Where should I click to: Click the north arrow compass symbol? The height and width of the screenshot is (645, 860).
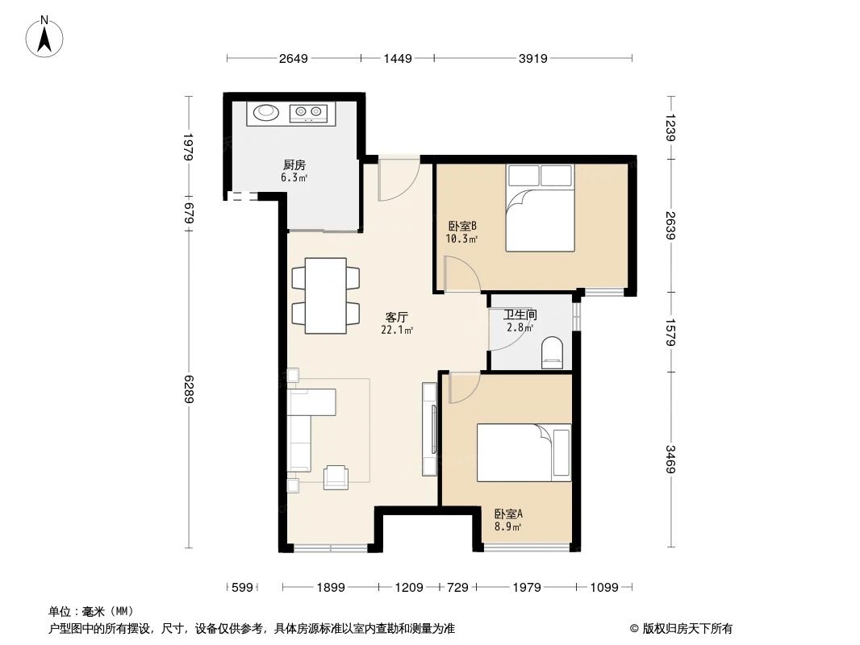coord(47,37)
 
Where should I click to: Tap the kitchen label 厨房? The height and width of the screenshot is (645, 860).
coord(292,164)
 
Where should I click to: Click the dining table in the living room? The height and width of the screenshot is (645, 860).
coord(325,295)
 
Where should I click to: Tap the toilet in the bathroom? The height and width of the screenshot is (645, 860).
coord(553,353)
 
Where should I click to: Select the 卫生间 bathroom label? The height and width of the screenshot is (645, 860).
coord(520,315)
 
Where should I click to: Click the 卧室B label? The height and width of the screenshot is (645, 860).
coord(461,227)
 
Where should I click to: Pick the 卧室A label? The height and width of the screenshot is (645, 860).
coord(508,514)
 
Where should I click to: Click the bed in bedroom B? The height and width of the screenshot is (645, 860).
coord(540,209)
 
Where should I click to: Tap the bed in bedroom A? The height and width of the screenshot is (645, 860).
coord(524,452)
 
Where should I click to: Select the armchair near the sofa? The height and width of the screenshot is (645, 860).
coord(336,477)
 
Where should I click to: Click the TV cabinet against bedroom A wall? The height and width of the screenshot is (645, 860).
coord(429,428)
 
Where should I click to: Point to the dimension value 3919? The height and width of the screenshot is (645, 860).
coord(533,58)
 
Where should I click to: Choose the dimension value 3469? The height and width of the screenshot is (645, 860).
coord(670,460)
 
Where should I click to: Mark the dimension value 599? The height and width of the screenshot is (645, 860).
coord(242,588)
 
